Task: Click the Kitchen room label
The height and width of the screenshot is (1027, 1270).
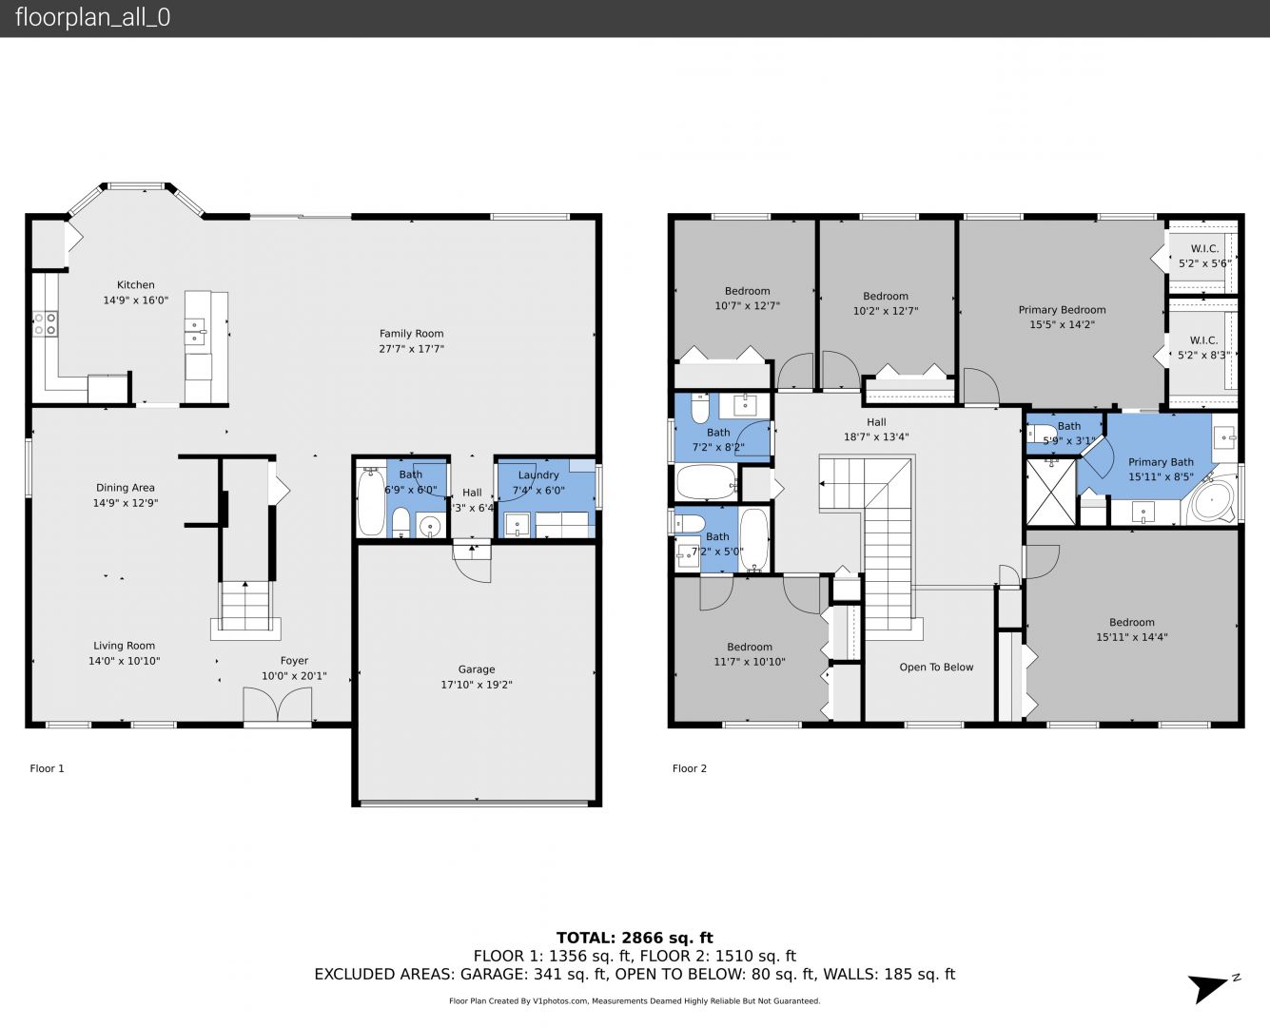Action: pyautogui.click(x=135, y=285)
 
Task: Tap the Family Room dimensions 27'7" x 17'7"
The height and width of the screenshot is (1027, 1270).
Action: pyautogui.click(x=411, y=349)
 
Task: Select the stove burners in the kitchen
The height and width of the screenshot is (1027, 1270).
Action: pyautogui.click(x=46, y=323)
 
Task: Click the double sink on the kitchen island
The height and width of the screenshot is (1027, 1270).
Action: pyautogui.click(x=196, y=332)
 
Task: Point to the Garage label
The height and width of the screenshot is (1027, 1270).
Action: pyautogui.click(x=477, y=669)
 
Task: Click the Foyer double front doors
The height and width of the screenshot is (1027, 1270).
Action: pyautogui.click(x=277, y=706)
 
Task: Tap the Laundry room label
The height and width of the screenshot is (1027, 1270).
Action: pyautogui.click(x=538, y=475)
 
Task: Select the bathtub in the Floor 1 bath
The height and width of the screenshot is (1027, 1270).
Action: pyautogui.click(x=371, y=502)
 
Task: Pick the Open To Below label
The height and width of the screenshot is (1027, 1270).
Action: pyautogui.click(x=936, y=667)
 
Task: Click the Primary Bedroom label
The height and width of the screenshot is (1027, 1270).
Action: pyautogui.click(x=1062, y=310)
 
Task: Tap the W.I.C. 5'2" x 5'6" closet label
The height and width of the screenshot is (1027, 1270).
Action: pyautogui.click(x=1204, y=257)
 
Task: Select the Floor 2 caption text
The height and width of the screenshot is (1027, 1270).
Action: pyautogui.click(x=690, y=768)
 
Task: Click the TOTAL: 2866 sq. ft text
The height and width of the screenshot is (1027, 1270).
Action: pyautogui.click(x=635, y=938)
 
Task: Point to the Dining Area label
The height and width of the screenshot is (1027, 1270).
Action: pyautogui.click(x=126, y=488)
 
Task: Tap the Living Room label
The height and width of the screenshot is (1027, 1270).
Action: pyautogui.click(x=124, y=646)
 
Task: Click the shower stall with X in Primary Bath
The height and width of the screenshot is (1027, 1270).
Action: pyautogui.click(x=1050, y=493)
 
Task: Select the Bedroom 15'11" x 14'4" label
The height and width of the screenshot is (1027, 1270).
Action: pyautogui.click(x=1132, y=630)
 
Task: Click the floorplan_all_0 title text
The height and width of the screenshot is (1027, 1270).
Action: pyautogui.click(x=93, y=17)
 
